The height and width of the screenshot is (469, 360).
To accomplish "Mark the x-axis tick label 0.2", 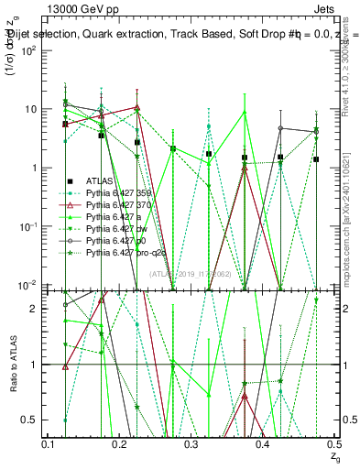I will click(x=119, y=443).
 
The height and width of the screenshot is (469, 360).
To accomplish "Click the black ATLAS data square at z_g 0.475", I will click(x=315, y=159).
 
